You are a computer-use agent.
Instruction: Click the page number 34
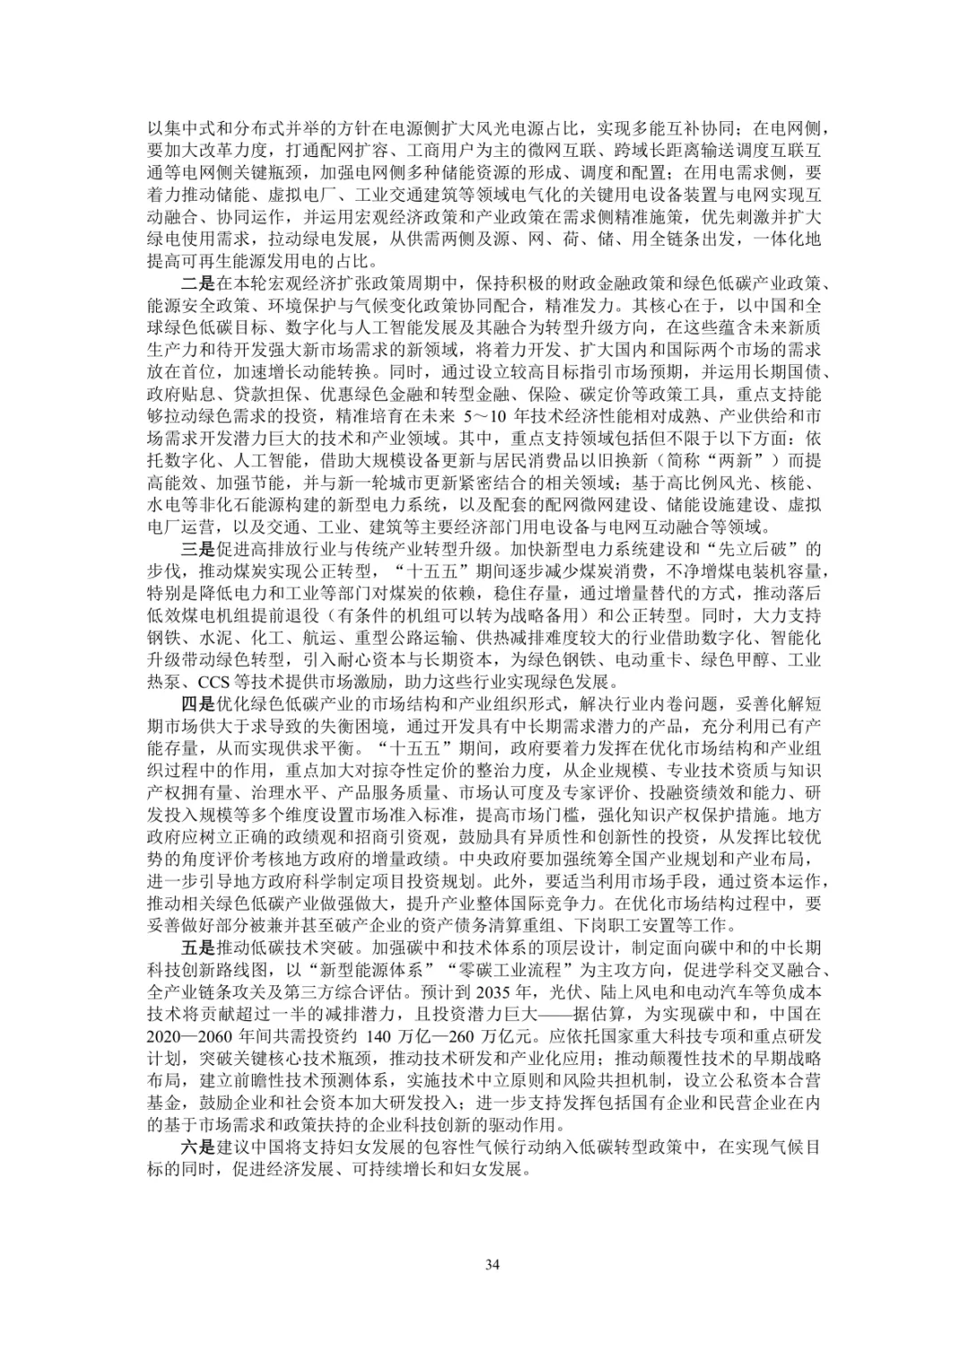[491, 1265]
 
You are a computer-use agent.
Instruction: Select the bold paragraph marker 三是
[198, 550]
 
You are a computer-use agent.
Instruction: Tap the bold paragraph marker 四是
[198, 705]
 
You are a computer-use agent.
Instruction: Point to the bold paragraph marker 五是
[198, 948]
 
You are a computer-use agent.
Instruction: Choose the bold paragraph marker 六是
[198, 1148]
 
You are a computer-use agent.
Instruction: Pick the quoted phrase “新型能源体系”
[376, 970]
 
